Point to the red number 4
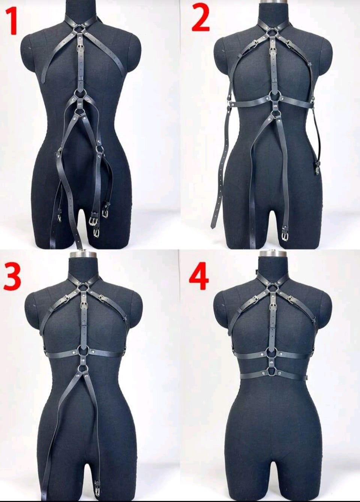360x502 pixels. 199,277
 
